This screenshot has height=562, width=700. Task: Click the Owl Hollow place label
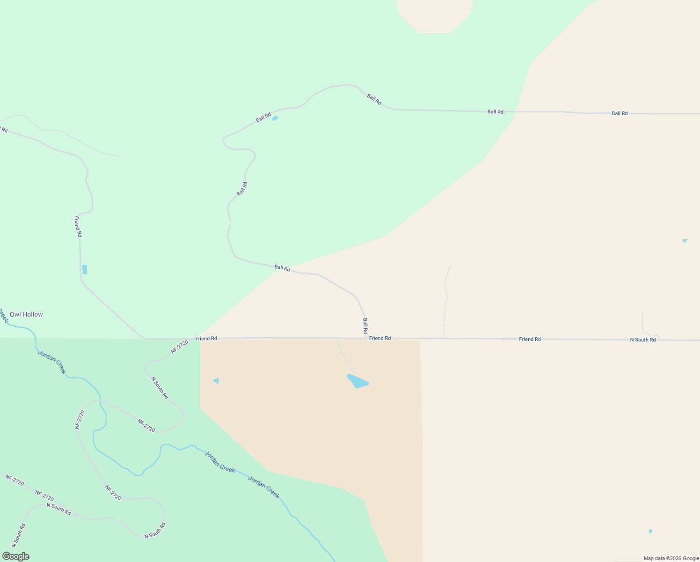point(26,314)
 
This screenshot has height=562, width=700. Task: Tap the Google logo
point(15,556)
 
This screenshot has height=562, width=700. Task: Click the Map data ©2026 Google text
point(671,558)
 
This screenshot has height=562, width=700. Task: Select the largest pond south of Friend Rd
point(357,381)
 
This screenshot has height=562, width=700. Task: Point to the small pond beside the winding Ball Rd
point(275,118)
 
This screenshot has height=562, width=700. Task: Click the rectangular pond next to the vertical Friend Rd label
point(85,269)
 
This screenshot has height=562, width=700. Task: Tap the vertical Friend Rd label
point(78,226)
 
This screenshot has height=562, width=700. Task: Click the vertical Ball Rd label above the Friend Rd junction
point(365,326)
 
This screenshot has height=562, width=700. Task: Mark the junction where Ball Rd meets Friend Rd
point(365,338)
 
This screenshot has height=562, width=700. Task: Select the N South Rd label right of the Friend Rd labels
point(642,340)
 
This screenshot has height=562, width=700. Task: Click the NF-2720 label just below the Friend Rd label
point(179,347)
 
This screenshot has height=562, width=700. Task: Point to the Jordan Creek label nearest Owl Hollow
point(51,362)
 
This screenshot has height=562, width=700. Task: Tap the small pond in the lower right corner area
point(650,531)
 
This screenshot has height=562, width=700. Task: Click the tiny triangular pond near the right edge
point(685,241)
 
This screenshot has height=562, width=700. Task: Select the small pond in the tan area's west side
point(216,381)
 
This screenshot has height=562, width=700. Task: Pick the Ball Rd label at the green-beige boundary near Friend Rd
point(282,268)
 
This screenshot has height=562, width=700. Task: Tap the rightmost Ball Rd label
point(620,113)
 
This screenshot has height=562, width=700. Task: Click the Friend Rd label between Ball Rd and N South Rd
point(530,339)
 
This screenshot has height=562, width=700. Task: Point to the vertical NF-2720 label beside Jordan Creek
point(80,419)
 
